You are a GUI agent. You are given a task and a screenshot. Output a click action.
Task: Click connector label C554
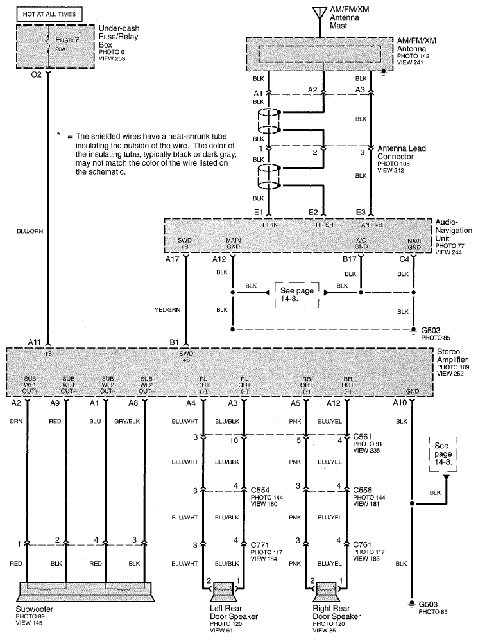pos(262,489)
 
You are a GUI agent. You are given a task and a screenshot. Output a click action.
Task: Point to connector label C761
pos(363,544)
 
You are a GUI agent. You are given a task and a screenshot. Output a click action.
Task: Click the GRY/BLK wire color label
pos(130,421)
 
